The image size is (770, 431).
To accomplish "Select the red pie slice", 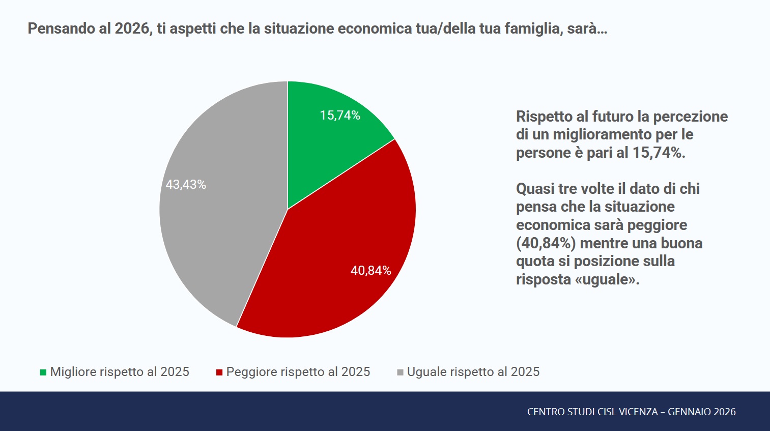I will (x=336, y=265).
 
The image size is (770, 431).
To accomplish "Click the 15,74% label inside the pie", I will (x=340, y=116).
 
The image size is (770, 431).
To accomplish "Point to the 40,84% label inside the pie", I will (x=370, y=271).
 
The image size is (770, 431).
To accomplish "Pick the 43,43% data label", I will (x=186, y=185).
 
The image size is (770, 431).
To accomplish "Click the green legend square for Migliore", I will (x=43, y=372).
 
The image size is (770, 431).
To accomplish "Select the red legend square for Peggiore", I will (x=219, y=372).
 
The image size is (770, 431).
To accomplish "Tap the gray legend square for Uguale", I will (x=400, y=372).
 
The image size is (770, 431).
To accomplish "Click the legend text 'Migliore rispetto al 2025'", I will (x=120, y=372).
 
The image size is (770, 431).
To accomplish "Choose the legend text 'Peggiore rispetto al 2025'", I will (x=298, y=372).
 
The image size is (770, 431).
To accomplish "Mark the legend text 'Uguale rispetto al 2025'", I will (x=473, y=372).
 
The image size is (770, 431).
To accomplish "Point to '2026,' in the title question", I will (x=134, y=28).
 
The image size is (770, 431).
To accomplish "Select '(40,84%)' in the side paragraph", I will (x=546, y=243).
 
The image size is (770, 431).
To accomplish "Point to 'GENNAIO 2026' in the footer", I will (x=702, y=412).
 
